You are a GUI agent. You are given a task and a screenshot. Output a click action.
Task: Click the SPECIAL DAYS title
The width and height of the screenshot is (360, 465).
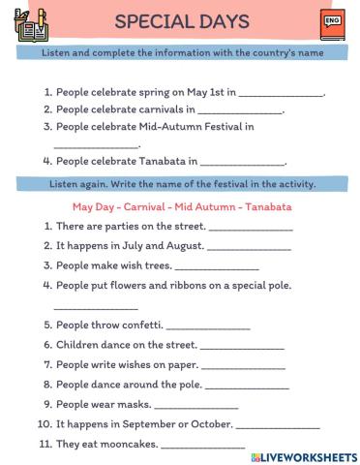point(181,21)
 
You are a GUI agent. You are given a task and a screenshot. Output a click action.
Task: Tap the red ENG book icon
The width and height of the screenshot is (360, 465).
point(331,23)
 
